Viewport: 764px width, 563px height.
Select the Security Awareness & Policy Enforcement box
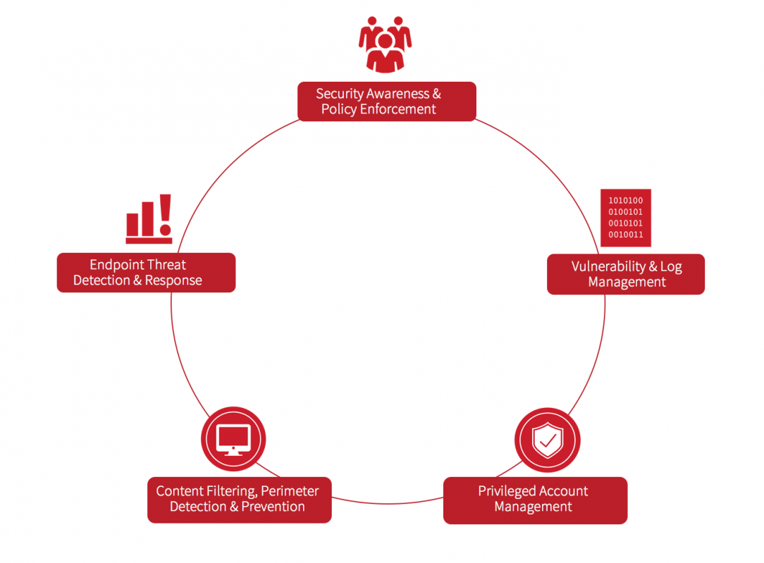click(x=386, y=101)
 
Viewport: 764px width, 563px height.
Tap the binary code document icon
click(x=625, y=218)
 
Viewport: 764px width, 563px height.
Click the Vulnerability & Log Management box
click(x=626, y=274)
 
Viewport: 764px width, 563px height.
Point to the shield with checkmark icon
click(x=547, y=440)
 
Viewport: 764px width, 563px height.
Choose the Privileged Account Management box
click(x=535, y=500)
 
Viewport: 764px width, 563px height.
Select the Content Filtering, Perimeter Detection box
click(x=239, y=500)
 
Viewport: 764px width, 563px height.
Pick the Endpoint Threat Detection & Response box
click(x=146, y=273)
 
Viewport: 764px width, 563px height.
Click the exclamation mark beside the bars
click(x=165, y=214)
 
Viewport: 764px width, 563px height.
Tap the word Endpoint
click(x=117, y=265)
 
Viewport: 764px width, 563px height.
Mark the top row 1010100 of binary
click(x=625, y=200)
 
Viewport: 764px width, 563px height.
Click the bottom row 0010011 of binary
click(x=625, y=235)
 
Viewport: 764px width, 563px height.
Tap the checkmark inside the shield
click(x=548, y=442)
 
